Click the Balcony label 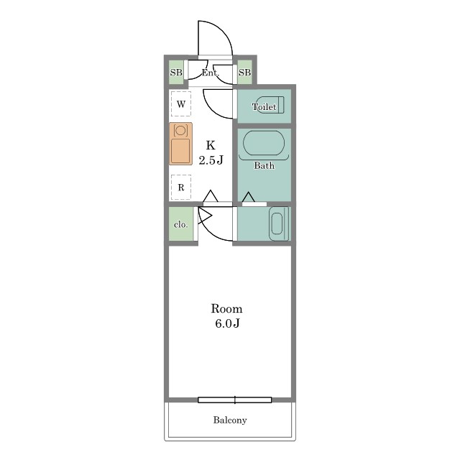point(230,420)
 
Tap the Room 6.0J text point(227,316)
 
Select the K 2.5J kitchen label point(211,152)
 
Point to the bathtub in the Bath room point(264,143)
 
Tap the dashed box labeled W point(181,103)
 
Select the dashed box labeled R point(181,187)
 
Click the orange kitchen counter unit point(180,144)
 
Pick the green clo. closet point(180,224)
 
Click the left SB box point(176,72)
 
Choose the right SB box point(244,72)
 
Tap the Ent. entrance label point(210,73)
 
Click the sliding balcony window point(235,400)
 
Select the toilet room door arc point(212,109)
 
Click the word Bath point(264,165)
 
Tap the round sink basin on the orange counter point(180,130)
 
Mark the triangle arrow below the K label point(211,196)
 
